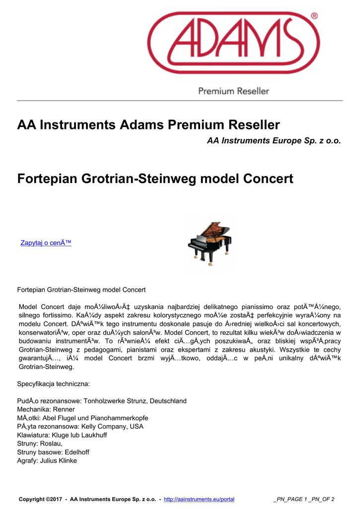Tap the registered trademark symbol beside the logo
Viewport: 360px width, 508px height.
(314, 16)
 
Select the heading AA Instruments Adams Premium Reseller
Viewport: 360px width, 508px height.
(148, 125)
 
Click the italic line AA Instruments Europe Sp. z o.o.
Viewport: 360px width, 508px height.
(274, 141)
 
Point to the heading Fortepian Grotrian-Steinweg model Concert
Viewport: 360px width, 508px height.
(155, 178)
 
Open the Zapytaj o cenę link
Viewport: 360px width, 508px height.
(46, 243)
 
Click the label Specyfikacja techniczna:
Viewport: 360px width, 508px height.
(53, 384)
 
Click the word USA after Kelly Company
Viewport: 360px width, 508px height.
(136, 426)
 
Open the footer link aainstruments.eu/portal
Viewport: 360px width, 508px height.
(199, 499)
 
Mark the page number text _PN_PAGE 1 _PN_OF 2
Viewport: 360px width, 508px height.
(304, 499)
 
